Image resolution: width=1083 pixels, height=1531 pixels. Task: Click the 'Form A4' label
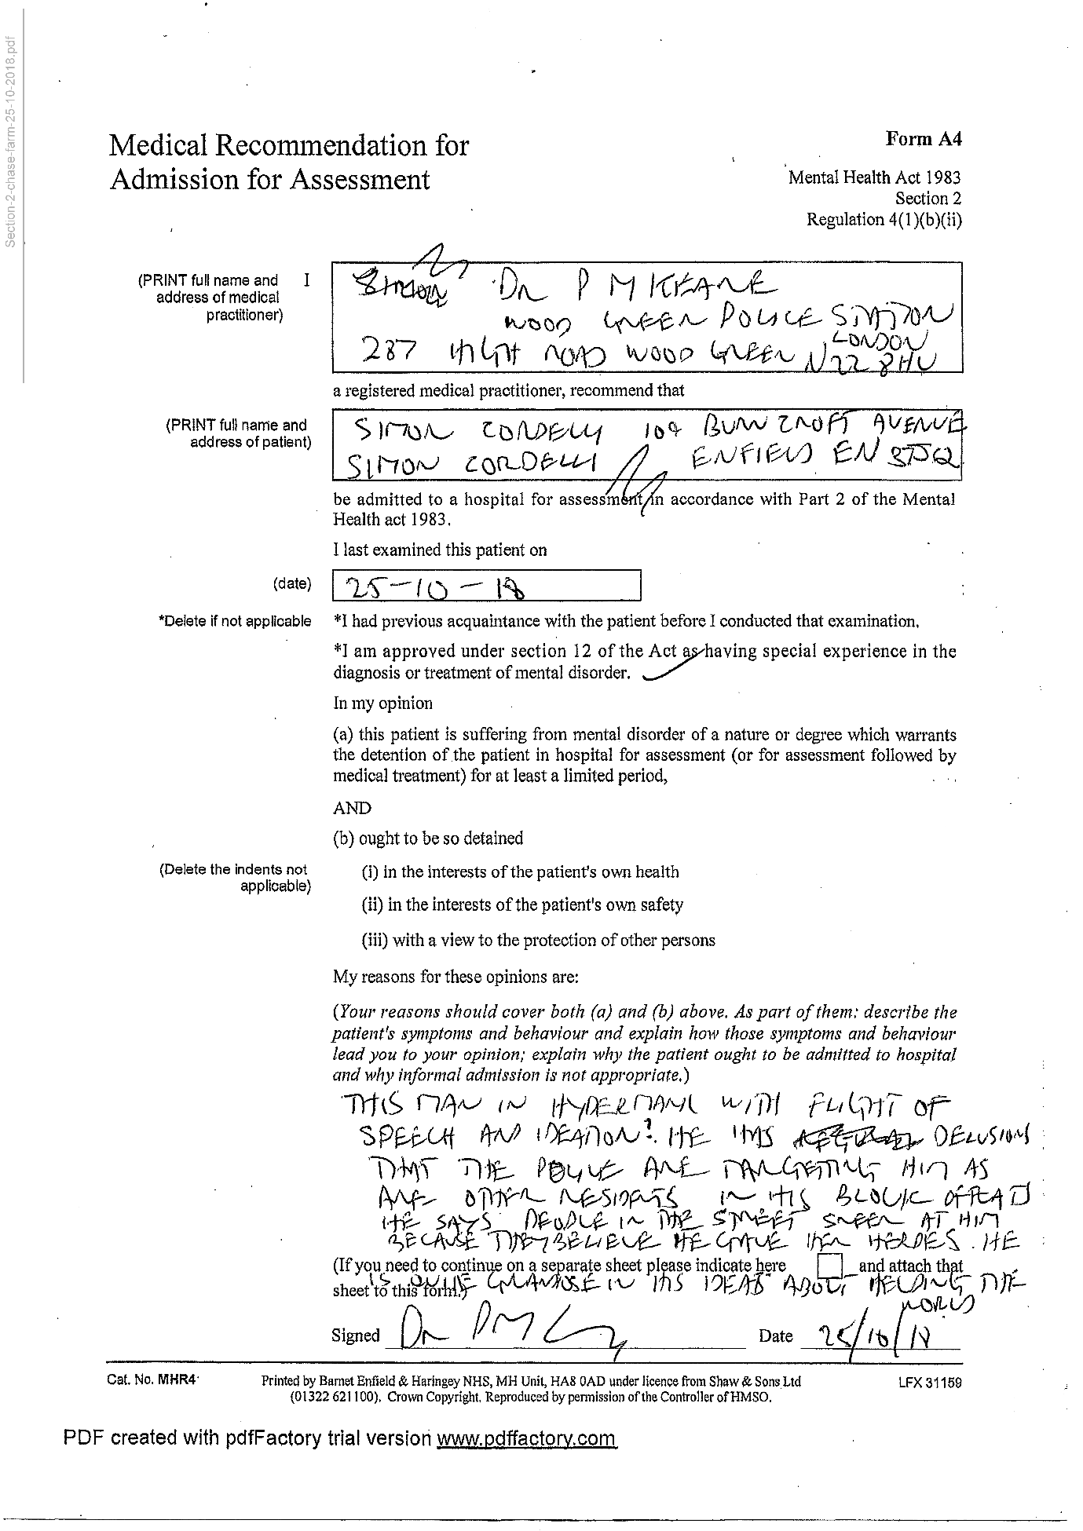[x=923, y=139]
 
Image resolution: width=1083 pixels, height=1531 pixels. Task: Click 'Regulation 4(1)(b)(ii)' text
[x=884, y=220]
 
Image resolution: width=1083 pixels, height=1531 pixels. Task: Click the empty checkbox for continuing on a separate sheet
[x=830, y=1266]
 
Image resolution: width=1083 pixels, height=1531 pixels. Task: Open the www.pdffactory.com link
[x=526, y=1438]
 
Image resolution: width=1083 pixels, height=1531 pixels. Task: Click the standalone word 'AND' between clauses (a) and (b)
[x=352, y=808]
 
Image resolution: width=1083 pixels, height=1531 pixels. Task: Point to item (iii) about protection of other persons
[x=538, y=940]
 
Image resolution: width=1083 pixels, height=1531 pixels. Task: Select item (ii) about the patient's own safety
[x=521, y=904]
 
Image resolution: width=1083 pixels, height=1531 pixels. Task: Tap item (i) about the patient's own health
[x=520, y=871]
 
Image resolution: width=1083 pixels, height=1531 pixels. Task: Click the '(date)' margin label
[x=292, y=583]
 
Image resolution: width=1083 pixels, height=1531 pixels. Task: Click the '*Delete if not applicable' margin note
[x=235, y=621]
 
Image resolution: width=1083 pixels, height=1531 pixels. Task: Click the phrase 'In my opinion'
[x=382, y=703]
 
